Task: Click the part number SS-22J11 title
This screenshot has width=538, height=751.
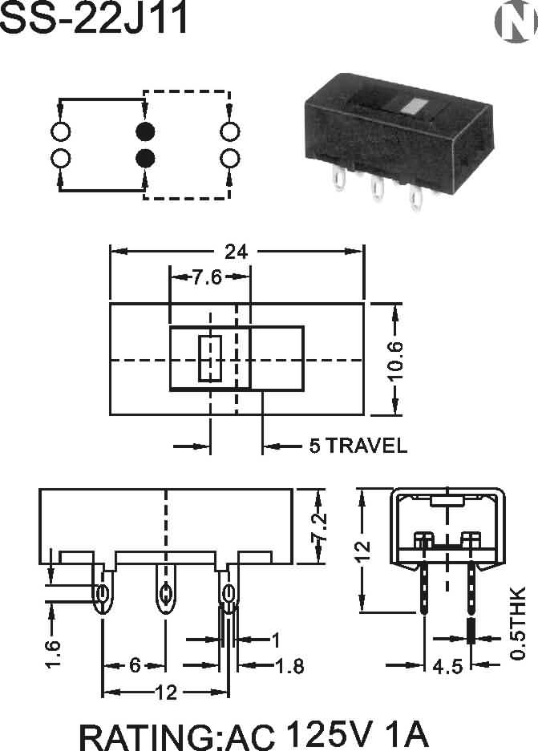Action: (95, 19)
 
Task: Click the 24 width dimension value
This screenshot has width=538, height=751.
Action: (235, 252)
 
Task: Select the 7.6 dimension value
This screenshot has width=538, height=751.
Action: (208, 277)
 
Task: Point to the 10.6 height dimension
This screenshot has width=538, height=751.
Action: (394, 361)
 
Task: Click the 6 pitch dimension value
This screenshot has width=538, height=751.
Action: (135, 665)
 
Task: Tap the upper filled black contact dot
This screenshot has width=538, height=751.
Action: (145, 131)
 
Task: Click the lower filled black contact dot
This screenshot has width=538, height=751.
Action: (145, 158)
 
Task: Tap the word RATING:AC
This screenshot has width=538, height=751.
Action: (176, 736)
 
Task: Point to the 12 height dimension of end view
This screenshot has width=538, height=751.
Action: (363, 549)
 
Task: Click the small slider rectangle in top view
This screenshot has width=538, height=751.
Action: (209, 358)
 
